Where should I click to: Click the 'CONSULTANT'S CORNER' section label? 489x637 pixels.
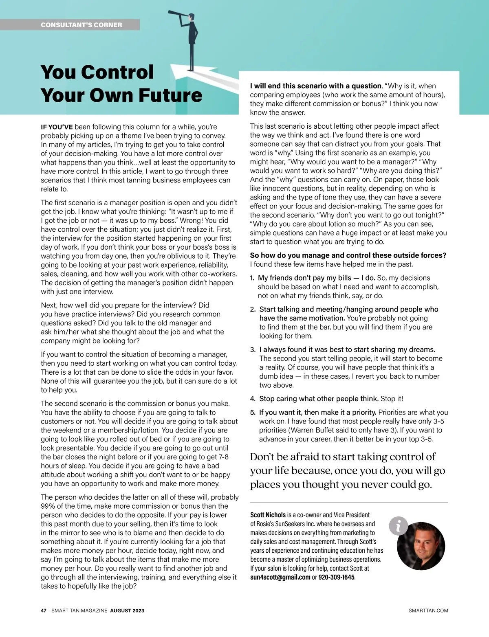81,25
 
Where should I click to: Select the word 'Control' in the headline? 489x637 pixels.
117,72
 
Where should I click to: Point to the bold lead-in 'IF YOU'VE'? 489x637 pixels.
57,127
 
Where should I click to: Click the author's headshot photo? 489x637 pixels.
421,546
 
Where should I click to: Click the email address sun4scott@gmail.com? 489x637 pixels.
280,577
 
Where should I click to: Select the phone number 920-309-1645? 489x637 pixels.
336,577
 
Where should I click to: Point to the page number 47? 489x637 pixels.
44,611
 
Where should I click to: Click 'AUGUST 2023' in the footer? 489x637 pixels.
127,611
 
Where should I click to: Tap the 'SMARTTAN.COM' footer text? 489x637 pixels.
428,611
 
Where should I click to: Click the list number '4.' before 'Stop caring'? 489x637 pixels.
253,399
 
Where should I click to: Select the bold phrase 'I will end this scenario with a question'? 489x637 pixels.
315,86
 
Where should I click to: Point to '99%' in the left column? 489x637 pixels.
48,506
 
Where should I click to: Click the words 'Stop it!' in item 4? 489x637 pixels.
392,399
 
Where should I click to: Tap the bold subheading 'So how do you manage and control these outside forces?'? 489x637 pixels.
348,255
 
